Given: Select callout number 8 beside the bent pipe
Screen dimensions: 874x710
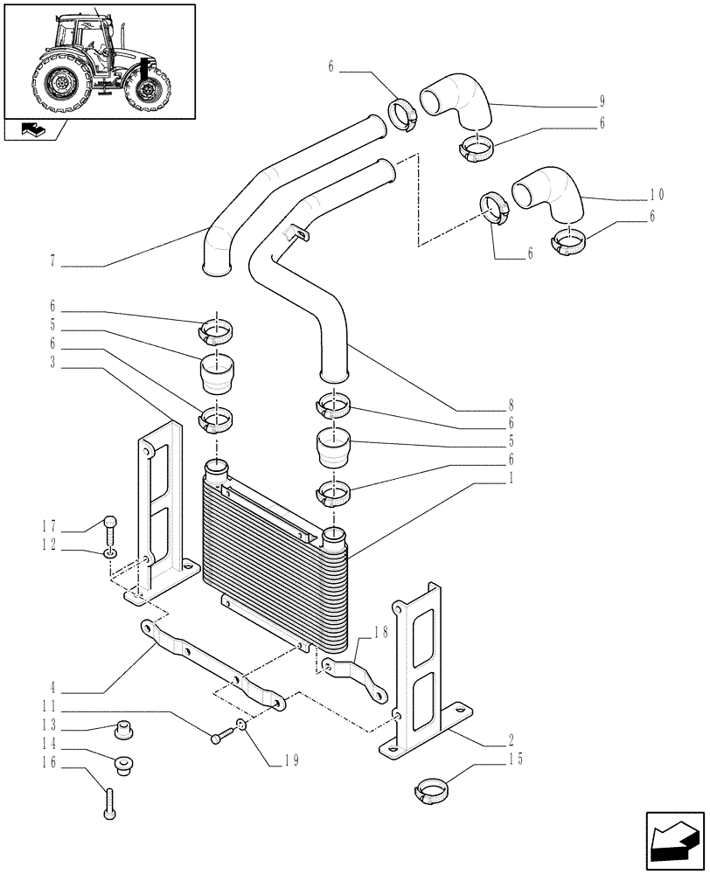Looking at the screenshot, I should point(510,405).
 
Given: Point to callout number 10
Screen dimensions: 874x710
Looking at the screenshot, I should point(657,194).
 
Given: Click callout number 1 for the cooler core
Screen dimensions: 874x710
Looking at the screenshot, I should point(511,478).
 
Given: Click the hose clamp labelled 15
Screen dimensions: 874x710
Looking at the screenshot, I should point(432,791).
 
